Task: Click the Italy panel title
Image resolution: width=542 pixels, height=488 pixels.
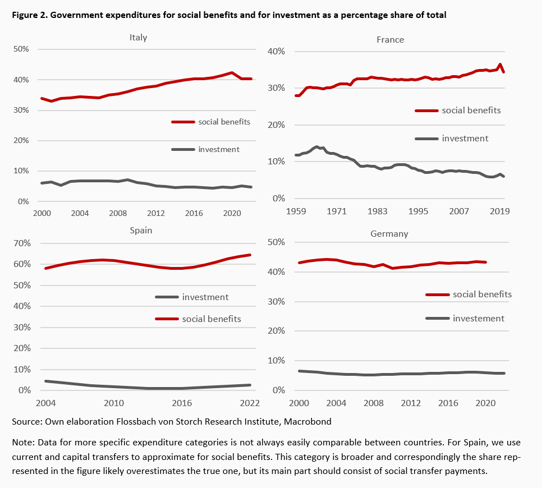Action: [138, 38]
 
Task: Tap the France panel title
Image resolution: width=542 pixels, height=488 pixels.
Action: [391, 39]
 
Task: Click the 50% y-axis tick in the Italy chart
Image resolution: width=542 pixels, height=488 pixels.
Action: [21, 49]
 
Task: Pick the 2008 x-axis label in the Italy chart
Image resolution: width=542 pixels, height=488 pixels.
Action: [118, 214]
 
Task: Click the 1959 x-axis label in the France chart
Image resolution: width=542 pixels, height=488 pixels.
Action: [296, 211]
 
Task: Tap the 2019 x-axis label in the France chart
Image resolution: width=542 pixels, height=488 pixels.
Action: [500, 211]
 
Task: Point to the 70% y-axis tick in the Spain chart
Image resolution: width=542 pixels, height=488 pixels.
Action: [21, 243]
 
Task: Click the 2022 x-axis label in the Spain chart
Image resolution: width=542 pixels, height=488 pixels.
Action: [249, 403]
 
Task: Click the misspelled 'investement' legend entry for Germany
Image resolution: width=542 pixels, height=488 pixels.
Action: [478, 318]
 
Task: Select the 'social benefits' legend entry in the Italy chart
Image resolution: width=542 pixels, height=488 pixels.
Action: [224, 122]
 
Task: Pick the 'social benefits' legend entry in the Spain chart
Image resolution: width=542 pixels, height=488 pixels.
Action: [211, 319]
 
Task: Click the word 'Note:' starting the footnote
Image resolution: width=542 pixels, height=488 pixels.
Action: [23, 442]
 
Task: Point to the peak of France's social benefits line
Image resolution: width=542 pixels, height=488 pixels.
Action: [500, 65]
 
